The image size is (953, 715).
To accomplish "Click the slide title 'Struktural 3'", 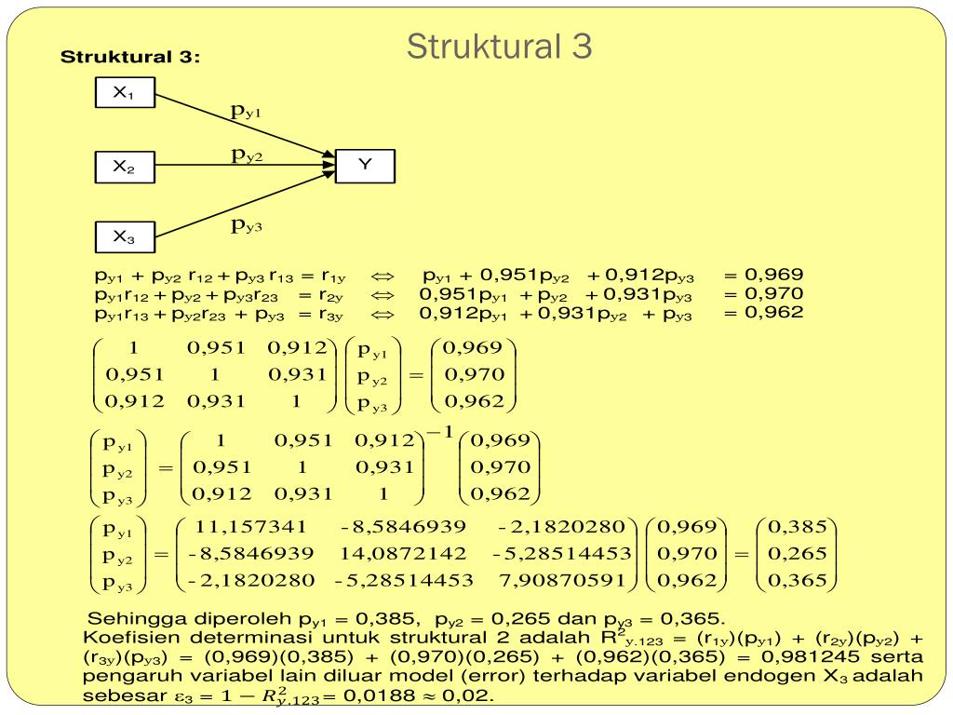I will point(499,47).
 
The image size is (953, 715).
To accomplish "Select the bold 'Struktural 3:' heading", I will point(130,58).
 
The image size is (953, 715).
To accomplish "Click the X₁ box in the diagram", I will point(125,93).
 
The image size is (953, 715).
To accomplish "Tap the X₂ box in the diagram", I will point(125,168).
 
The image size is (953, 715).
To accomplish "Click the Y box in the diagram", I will point(365,165).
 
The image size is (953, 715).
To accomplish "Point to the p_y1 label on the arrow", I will point(247,111).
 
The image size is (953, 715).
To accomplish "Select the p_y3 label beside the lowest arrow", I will point(247,225).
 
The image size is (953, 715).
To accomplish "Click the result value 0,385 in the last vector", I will point(796,528).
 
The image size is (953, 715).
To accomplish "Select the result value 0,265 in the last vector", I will point(796,554).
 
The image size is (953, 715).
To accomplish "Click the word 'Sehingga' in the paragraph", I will point(124,619).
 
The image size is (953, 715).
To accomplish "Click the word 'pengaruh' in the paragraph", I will point(125,676).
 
